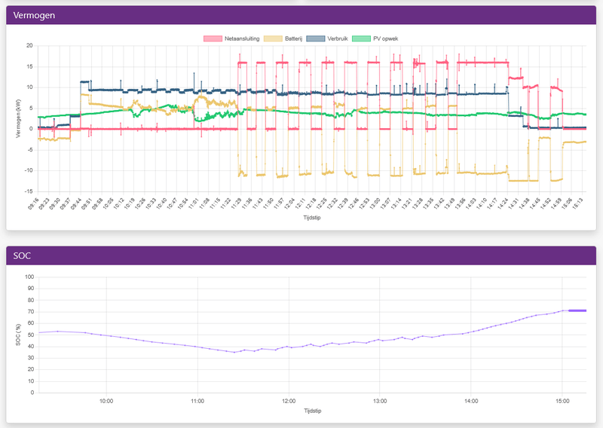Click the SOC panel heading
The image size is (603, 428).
coord(25,255)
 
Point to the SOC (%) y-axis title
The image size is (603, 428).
coord(19,335)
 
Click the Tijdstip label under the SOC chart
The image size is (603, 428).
coord(312,412)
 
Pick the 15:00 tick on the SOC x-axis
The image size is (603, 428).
coord(562,401)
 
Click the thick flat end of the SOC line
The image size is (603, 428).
coord(577,310)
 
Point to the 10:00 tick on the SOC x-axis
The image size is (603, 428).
coord(106,401)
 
